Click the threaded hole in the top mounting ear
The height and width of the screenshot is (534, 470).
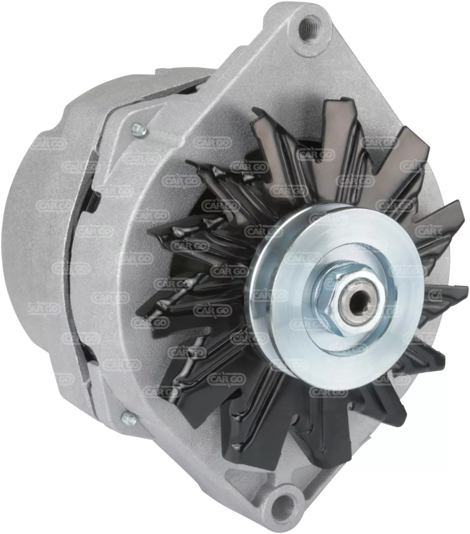pyautogui.click(x=308, y=26)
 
